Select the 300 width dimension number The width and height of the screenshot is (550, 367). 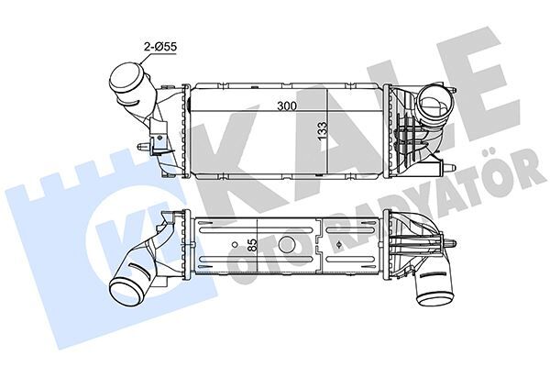click(x=288, y=106)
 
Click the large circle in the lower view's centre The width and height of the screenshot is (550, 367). click(x=286, y=245)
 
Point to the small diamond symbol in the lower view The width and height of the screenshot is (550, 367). click(x=340, y=245)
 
